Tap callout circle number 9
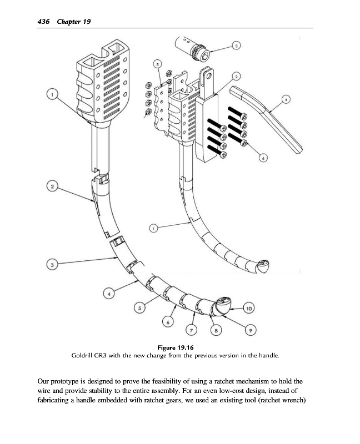coord(251,331)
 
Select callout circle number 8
coord(216,331)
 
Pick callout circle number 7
coord(192,331)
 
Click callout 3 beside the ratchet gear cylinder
coord(236,46)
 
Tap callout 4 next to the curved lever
coord(286,100)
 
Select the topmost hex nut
coord(148,85)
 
